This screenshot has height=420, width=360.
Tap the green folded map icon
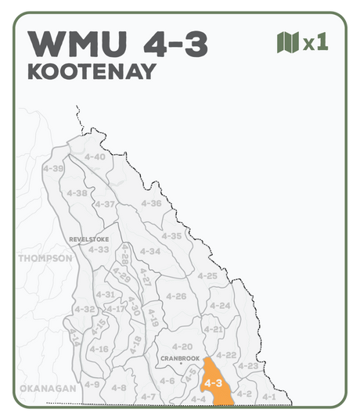[288, 42]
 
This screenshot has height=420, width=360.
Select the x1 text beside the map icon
[315, 42]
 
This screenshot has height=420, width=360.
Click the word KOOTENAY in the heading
[92, 71]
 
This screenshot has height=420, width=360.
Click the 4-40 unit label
[94, 157]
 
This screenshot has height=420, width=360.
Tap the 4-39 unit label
[54, 168]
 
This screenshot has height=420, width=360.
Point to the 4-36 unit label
[151, 203]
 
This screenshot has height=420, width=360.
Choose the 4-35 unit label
[171, 235]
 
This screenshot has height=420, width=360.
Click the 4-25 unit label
[207, 276]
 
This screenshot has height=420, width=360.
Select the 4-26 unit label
[176, 296]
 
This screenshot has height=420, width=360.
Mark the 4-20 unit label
[182, 346]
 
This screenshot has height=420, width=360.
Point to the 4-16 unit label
[99, 349]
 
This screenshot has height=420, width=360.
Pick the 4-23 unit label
[247, 366]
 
